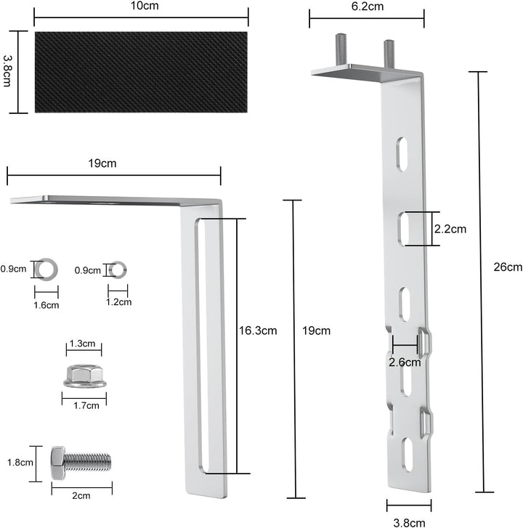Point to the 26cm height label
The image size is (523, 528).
coord(507,267)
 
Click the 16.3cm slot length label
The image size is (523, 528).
coord(258,330)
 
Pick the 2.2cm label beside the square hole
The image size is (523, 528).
coord(450,228)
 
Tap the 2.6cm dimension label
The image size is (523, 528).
coord(404,362)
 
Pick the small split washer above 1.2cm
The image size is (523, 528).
coord(115,270)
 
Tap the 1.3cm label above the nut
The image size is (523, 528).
coord(84,344)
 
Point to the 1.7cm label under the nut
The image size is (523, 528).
coord(84,406)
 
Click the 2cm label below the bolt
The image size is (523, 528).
coord(81,496)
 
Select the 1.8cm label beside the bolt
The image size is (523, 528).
coord(16,462)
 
